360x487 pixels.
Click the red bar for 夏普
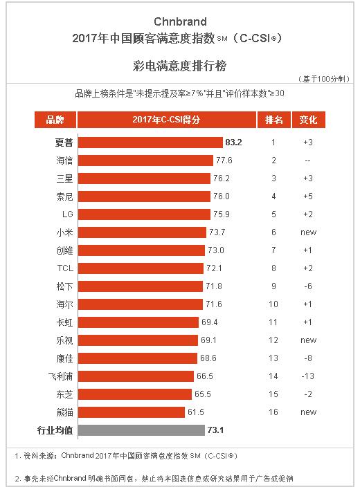[150, 143]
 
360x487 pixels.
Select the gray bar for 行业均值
[141, 430]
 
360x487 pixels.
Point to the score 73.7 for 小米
[217, 232]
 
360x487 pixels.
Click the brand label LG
[67, 214]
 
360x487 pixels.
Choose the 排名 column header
[273, 120]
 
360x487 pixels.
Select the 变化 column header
[308, 120]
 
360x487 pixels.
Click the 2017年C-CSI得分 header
[166, 120]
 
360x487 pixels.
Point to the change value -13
[309, 376]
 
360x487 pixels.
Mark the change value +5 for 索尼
[309, 196]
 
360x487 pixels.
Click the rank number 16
[273, 412]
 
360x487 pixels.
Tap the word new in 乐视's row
[309, 340]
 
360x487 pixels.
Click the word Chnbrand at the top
[179, 21]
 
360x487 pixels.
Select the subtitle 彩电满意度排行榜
[179, 66]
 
